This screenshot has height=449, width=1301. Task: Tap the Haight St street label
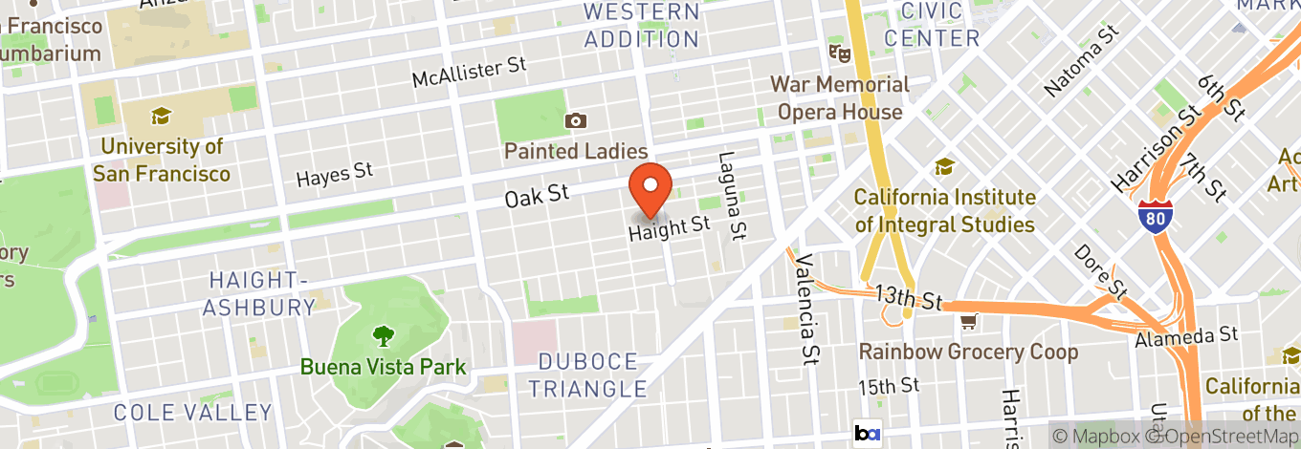(x=670, y=227)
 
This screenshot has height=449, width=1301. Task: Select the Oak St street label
(x=537, y=196)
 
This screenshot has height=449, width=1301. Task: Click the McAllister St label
(x=470, y=71)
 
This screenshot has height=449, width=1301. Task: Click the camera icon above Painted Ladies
(x=576, y=120)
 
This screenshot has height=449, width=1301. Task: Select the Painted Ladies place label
(x=576, y=151)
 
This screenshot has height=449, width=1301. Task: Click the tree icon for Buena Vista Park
(x=384, y=335)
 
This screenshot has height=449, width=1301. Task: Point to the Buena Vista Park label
(x=384, y=366)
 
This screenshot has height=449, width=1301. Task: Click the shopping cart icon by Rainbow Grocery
(x=969, y=321)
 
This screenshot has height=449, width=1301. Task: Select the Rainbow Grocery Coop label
(x=968, y=352)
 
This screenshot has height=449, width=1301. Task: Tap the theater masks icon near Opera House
(x=839, y=52)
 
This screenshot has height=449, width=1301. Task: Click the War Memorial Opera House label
(x=840, y=98)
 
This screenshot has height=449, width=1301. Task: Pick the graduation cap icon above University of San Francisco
(x=162, y=117)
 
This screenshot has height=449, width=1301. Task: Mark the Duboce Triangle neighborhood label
(x=588, y=375)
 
